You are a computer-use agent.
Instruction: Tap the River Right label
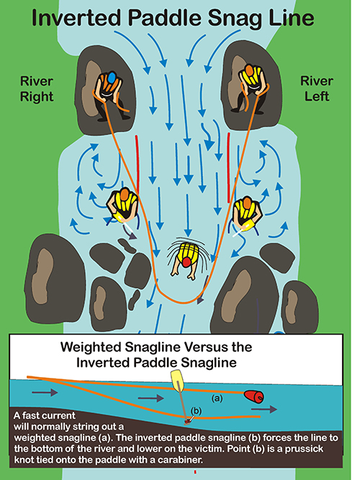pyautogui.click(x=37, y=89)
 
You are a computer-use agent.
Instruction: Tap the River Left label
pyautogui.click(x=317, y=89)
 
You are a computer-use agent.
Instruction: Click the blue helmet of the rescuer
pyautogui.click(x=111, y=77)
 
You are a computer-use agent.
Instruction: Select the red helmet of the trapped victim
pyautogui.click(x=186, y=262)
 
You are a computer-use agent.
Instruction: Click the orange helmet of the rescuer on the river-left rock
pyautogui.click(x=249, y=70)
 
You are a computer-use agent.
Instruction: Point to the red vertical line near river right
pyautogui.click(x=138, y=165)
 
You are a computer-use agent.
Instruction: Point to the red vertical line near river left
pyautogui.click(x=228, y=168)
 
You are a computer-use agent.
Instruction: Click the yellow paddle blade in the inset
pyautogui.click(x=177, y=381)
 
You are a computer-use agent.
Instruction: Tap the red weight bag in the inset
pyautogui.click(x=254, y=396)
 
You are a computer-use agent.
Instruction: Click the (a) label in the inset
pyautogui.click(x=217, y=398)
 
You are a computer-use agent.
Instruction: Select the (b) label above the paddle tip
pyautogui.click(x=196, y=411)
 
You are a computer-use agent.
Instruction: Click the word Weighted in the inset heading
pyautogui.click(x=91, y=348)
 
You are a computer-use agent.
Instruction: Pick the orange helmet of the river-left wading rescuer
pyautogui.click(x=247, y=202)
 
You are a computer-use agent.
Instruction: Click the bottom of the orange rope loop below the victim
pyautogui.click(x=183, y=302)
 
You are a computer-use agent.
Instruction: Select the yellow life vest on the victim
pyautogui.click(x=187, y=251)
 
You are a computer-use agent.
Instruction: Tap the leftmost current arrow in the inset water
pyautogui.click(x=45, y=392)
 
